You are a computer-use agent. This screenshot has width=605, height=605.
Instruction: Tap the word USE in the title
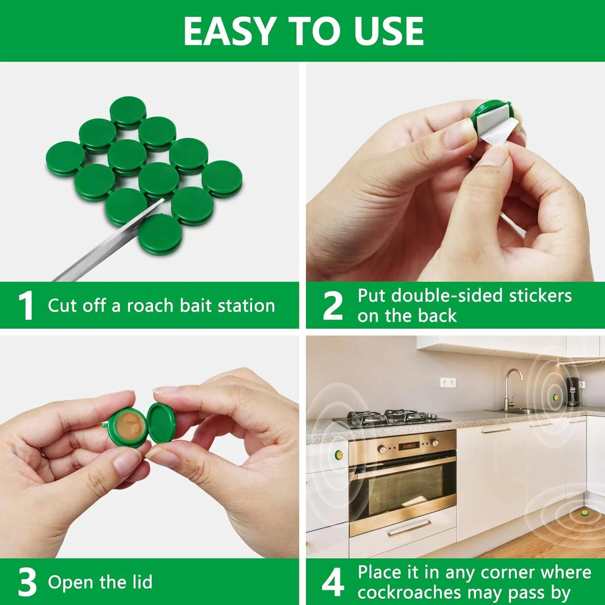tap(389, 31)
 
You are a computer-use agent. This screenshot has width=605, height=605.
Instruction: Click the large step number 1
tap(26, 305)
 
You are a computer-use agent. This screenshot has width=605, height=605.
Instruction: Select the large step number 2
tap(332, 305)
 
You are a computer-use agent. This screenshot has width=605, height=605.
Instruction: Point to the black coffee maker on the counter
tap(574, 391)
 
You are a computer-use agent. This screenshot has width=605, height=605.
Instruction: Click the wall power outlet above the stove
tap(448, 382)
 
